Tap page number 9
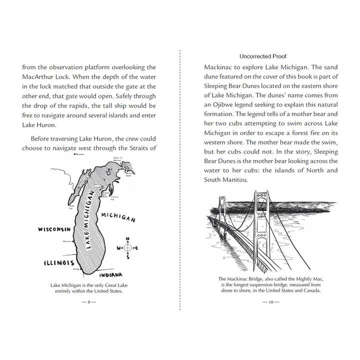point(88,302)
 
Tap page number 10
point(270,302)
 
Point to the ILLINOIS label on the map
point(58,262)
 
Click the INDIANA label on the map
point(111,275)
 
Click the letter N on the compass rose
point(127,238)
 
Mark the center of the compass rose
point(127,247)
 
